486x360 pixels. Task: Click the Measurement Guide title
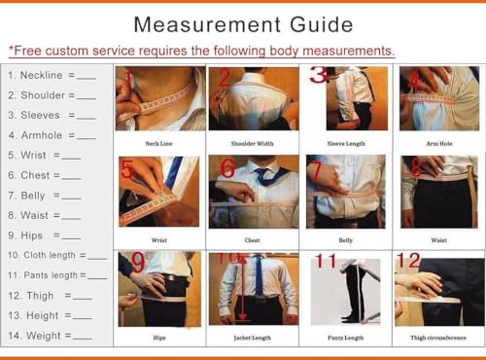243,23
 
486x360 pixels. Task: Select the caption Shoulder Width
251,144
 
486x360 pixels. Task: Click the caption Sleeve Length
345,144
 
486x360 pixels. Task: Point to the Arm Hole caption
438,144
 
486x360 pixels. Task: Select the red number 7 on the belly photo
316,171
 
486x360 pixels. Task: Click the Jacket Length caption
251,338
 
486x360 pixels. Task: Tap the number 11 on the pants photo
325,261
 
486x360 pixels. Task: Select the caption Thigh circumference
438,338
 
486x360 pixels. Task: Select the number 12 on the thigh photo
407,261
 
